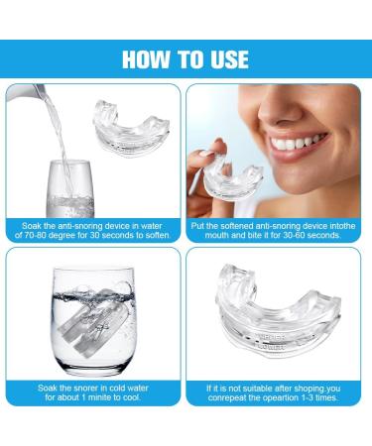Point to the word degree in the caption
click(70, 235)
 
